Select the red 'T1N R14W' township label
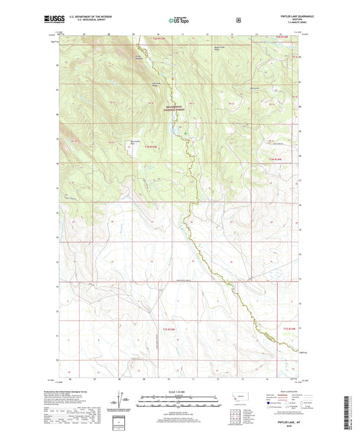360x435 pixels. (x=272, y=158)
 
